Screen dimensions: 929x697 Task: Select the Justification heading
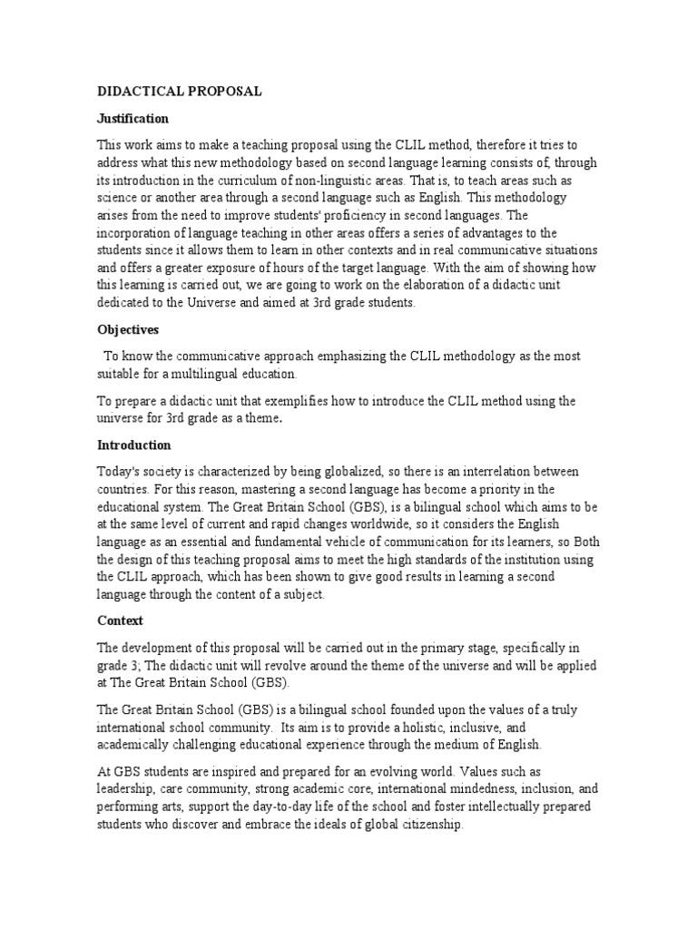pos(133,118)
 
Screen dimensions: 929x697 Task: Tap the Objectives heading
pos(128,330)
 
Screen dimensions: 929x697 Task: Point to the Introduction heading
pos(133,445)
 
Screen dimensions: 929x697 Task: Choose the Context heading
pos(121,621)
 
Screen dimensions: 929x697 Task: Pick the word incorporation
pos(134,233)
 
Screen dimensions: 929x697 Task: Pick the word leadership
pos(127,788)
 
